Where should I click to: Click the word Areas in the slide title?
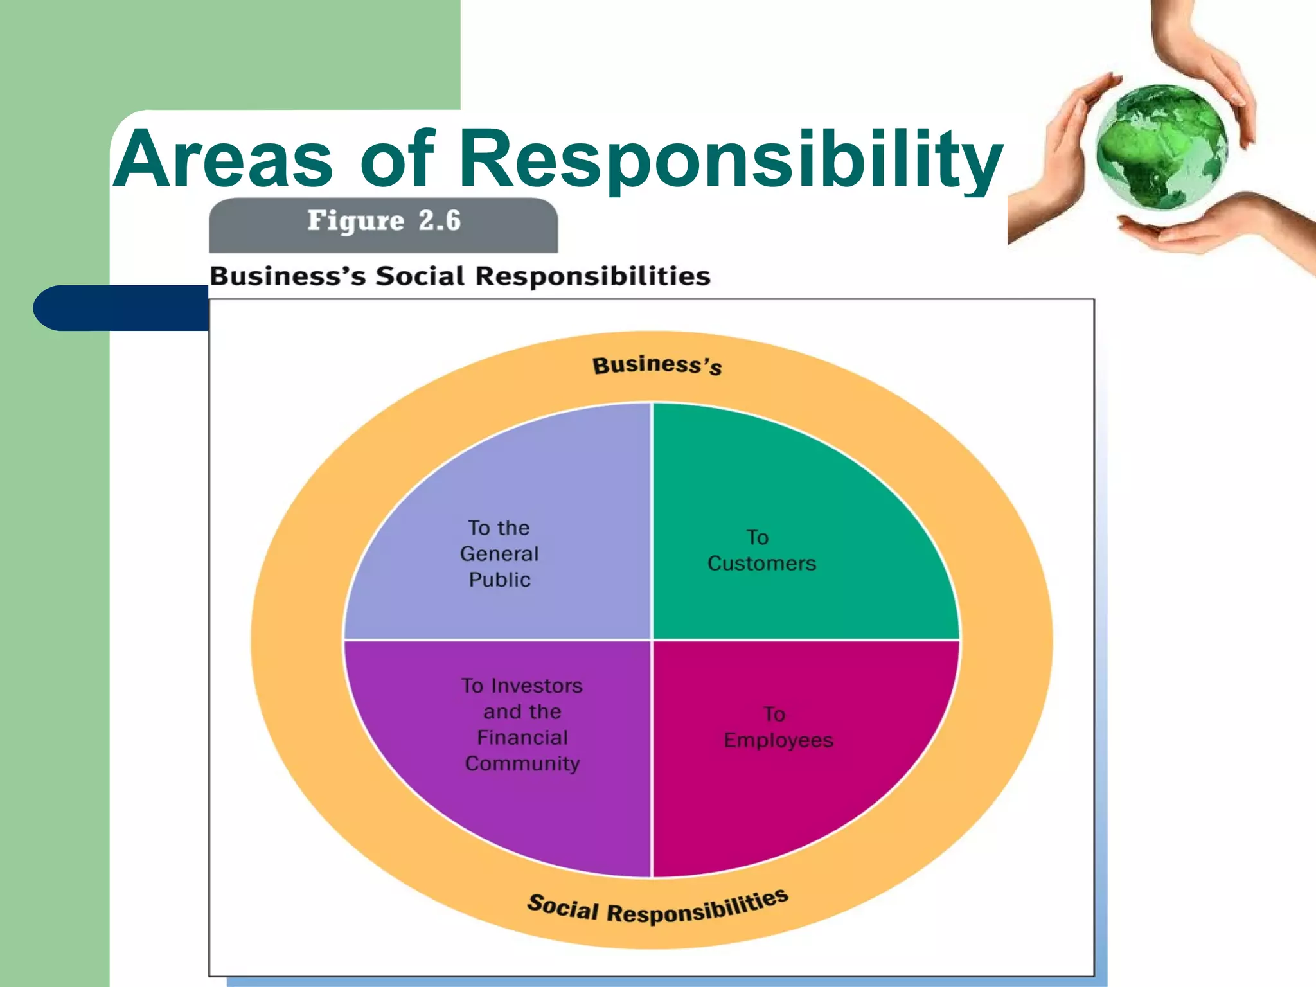pos(224,159)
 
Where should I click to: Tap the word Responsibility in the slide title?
pos(731,159)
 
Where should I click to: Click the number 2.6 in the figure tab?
pos(440,221)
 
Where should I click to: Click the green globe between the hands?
pos(1160,147)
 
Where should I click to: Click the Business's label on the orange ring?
pos(657,366)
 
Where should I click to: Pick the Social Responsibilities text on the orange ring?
pos(657,907)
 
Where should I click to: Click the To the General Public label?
pos(499,553)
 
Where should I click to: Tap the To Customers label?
pos(761,550)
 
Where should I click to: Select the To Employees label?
pos(778,727)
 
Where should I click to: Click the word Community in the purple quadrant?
pos(522,763)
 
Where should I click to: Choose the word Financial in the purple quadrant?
pos(522,738)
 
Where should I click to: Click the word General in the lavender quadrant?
pos(499,554)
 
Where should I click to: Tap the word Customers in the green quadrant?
pos(761,564)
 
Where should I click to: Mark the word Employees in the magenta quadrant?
pos(778,740)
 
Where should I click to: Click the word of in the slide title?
pos(398,159)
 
